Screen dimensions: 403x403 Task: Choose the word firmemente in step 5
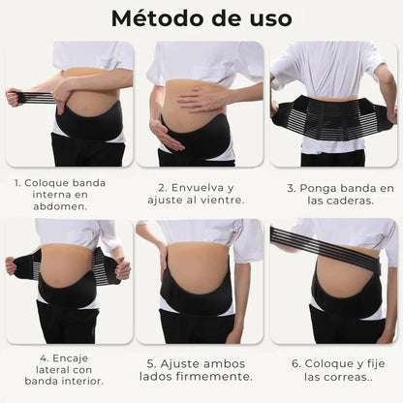point(209,376)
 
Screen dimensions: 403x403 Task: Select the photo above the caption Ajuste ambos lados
point(199,281)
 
